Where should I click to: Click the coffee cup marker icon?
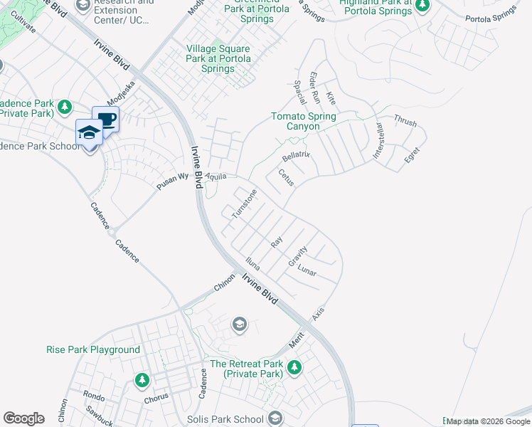click(x=106, y=119)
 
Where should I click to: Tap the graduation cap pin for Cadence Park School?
click(x=90, y=132)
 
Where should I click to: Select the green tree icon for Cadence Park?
click(x=65, y=107)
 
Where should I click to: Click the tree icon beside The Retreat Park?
click(x=294, y=367)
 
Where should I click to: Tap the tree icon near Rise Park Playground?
click(x=142, y=379)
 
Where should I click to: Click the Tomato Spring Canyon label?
click(x=304, y=122)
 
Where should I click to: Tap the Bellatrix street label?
click(x=296, y=156)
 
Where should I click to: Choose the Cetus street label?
click(x=286, y=177)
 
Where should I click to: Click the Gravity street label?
click(x=297, y=256)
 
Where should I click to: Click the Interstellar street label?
click(x=377, y=141)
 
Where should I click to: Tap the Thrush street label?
click(x=405, y=122)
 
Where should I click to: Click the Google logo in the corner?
click(x=23, y=418)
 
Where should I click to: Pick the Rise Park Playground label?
click(x=92, y=349)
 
